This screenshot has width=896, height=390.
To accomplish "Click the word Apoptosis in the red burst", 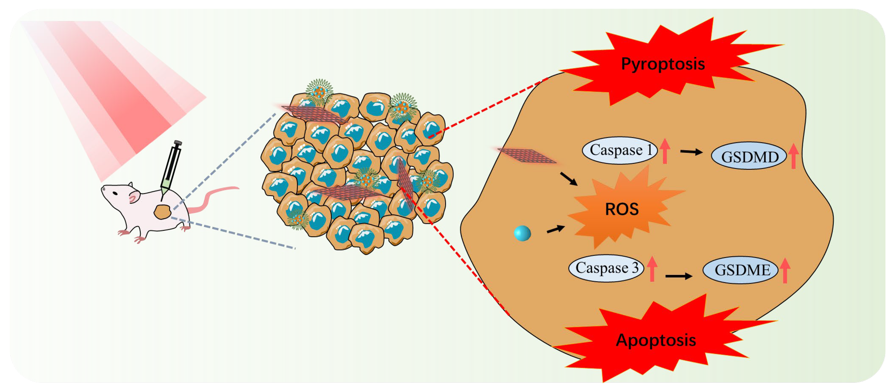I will [656, 340].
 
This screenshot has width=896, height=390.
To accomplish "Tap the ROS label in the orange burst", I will [622, 209].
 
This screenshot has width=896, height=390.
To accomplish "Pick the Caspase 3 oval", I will [606, 268].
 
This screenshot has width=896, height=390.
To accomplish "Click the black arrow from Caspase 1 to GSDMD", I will [691, 152].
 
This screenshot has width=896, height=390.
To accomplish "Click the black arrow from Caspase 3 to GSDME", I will [678, 276].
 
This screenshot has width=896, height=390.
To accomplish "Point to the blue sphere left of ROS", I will [522, 233].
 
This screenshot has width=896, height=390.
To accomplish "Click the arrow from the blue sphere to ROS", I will [555, 229].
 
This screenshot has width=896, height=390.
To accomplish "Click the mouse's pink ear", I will [133, 197].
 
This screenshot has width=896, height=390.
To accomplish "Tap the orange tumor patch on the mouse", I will [162, 212].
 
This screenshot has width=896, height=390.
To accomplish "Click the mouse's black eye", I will [115, 193].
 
